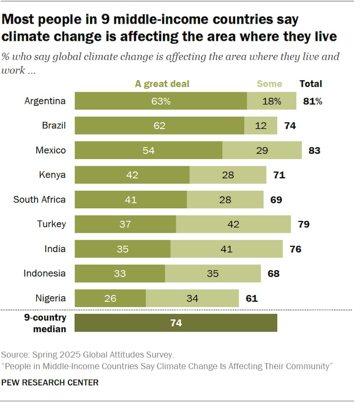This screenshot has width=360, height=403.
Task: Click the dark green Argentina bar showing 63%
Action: [161, 101]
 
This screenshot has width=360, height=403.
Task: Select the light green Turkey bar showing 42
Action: [233, 224]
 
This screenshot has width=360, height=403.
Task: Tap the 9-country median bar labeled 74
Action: [175, 323]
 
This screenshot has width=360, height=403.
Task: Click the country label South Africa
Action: [40, 199]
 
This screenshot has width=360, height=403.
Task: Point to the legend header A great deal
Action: [162, 84]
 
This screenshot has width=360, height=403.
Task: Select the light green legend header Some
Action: [269, 84]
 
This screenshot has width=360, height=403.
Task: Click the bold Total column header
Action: [310, 84]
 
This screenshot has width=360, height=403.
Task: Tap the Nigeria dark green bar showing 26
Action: [110, 298]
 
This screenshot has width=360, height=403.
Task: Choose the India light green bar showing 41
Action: [226, 249]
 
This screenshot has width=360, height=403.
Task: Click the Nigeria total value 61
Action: [252, 298]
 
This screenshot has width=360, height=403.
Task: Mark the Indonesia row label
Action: [45, 273]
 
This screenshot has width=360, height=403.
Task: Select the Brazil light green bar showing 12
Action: [261, 126]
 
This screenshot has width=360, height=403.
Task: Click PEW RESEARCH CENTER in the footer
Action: [50, 383]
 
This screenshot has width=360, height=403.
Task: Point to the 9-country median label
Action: [45, 323]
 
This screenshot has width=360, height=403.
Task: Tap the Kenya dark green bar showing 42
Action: [132, 175]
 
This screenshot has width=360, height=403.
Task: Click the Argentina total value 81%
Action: [312, 101]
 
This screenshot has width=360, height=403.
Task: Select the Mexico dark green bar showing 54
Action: [148, 150]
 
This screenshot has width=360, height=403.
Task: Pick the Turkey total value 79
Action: [303, 224]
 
